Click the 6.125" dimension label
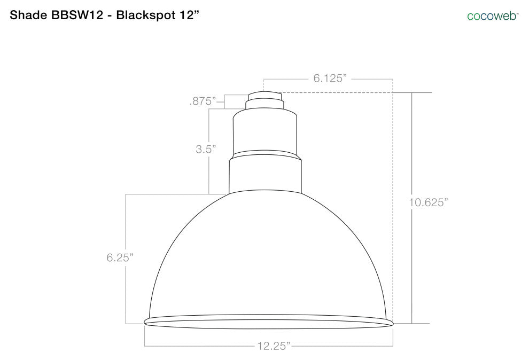click(330, 79)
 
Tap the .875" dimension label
click(203, 100)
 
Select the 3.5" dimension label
click(205, 150)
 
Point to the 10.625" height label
click(427, 202)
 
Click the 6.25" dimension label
click(120, 257)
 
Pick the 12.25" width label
click(272, 347)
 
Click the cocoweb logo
click(492, 16)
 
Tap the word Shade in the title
click(25, 15)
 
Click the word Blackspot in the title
click(145, 15)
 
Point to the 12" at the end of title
click(188, 15)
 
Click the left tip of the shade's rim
click(145, 322)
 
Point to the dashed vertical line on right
click(393, 203)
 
